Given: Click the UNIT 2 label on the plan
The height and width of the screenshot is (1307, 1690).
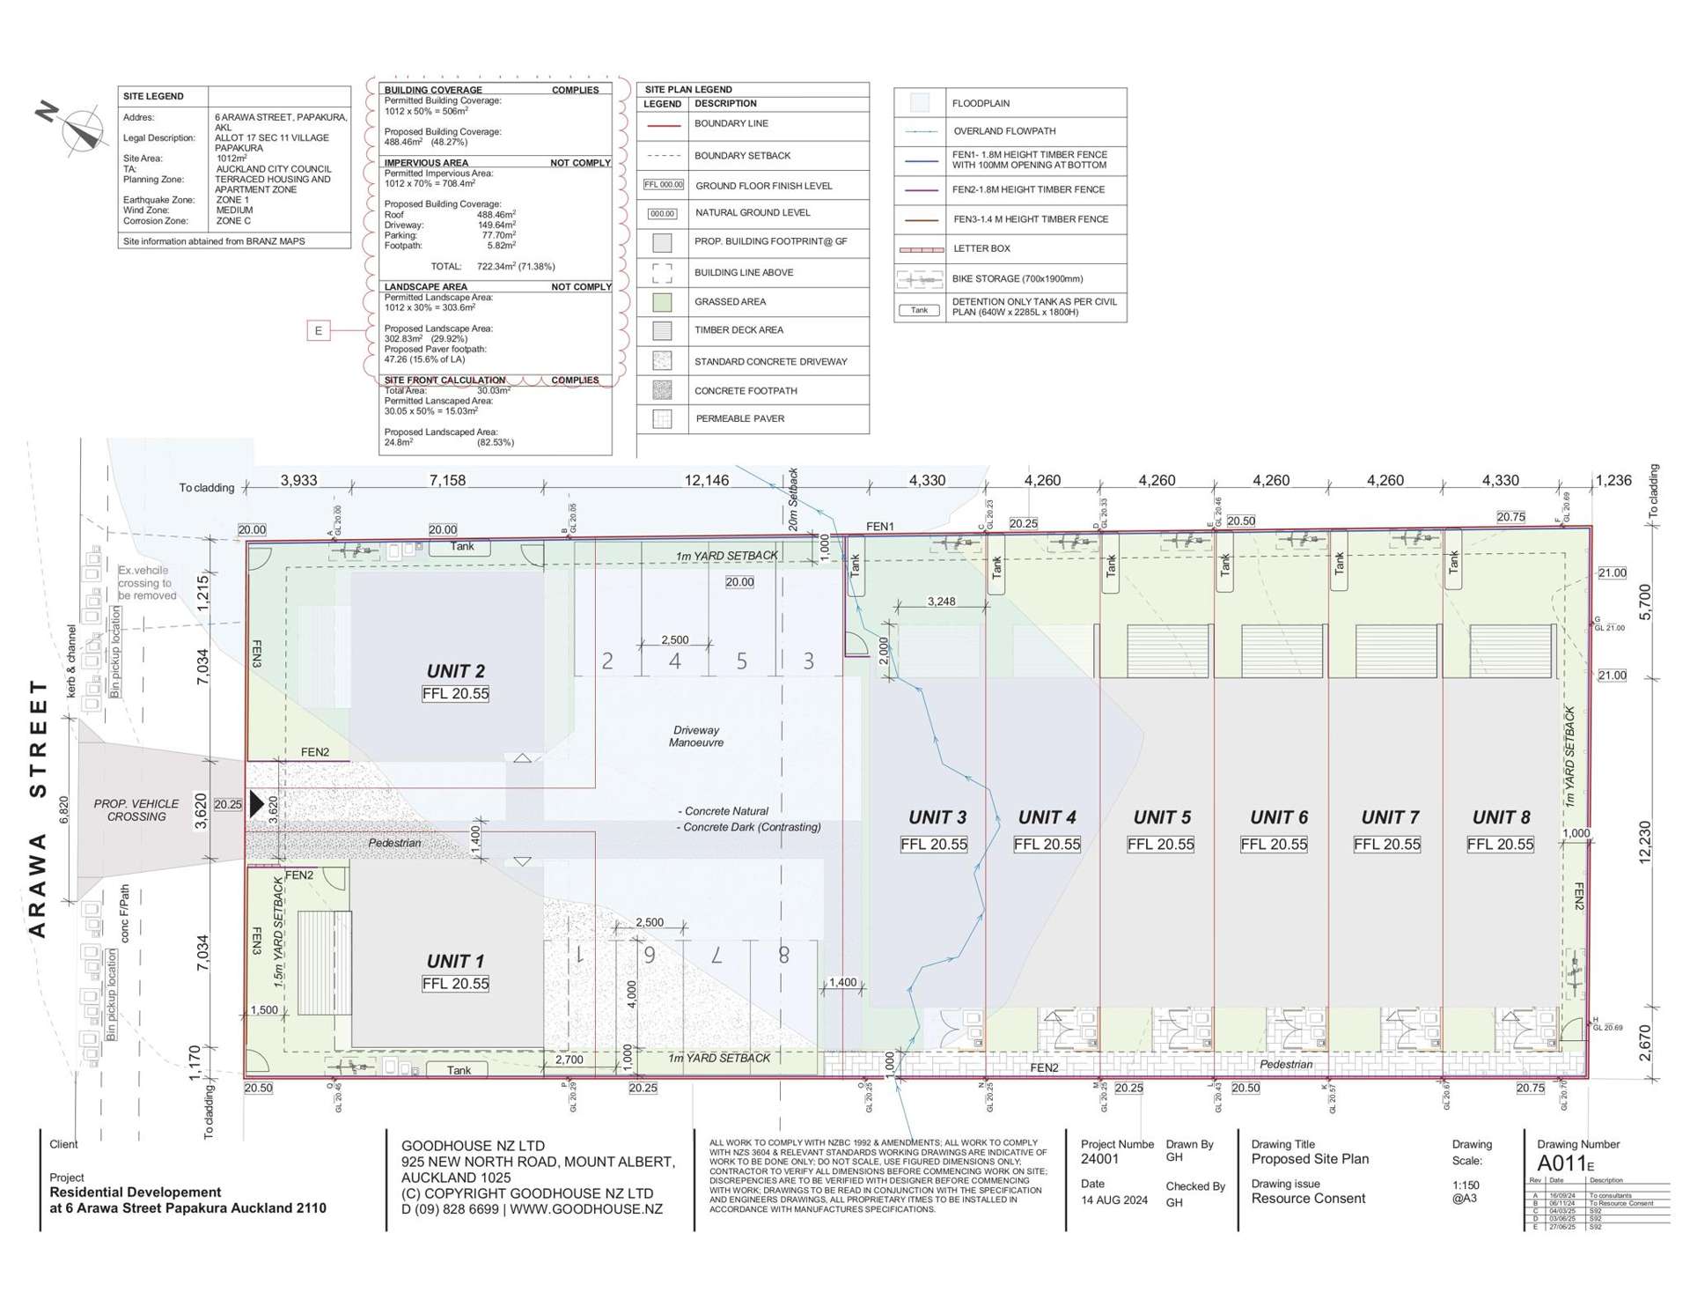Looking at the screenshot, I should coord(455,671).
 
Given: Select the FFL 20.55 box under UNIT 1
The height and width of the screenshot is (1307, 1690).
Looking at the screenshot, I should coord(455,984).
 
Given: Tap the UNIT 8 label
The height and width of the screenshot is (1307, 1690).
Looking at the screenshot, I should coord(1501,817).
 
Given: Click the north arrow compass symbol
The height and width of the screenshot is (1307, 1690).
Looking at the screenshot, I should coord(80,129).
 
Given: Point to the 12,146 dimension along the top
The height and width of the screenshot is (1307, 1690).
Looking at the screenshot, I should coord(706,481).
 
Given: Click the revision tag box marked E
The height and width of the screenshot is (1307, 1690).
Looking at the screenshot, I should coord(319,330).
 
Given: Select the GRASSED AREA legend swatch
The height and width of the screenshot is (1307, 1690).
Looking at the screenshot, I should coord(662,302).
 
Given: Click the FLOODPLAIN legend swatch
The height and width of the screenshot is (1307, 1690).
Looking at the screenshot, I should coord(919,103).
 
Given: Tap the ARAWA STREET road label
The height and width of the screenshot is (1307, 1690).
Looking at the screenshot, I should coord(38,808).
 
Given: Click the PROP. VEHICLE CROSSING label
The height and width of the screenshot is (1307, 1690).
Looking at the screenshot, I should coord(136,810).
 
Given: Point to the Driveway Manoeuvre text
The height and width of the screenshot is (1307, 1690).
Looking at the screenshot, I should coord(695,736).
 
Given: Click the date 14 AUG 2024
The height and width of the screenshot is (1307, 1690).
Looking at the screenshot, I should coord(1114,1200).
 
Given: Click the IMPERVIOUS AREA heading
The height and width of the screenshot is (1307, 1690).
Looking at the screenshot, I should coord(426,163).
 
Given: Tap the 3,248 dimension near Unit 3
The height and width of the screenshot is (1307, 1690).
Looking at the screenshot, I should coord(941,602).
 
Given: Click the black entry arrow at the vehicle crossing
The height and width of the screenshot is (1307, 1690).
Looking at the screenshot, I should coord(256,803).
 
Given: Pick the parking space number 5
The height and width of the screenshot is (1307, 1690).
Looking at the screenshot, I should coord(741,661).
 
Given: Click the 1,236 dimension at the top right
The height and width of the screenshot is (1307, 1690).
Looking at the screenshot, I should coord(1613,481).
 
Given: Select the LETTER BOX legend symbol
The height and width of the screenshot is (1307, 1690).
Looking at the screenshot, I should coord(921,249).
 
